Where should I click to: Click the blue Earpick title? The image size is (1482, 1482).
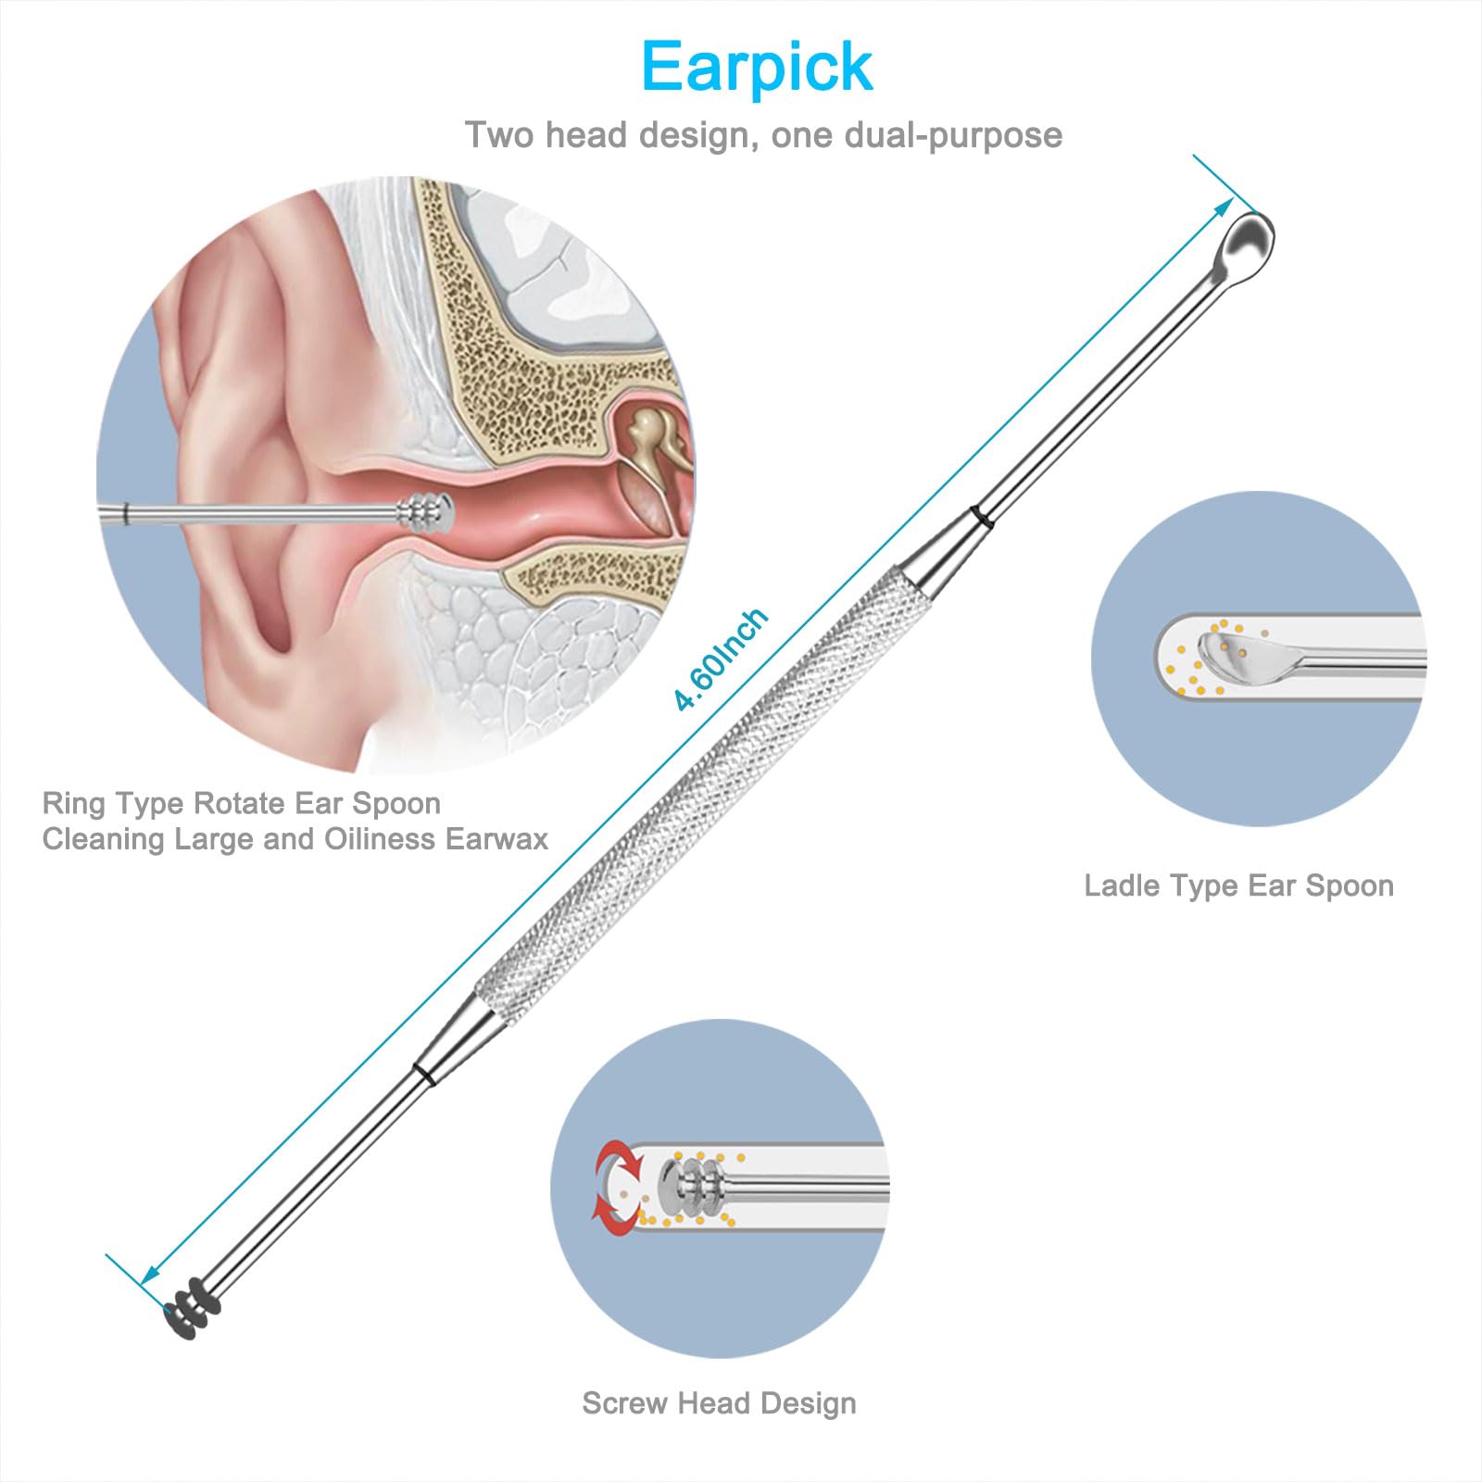[x=757, y=68]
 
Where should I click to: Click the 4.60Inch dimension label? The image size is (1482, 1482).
[x=721, y=659]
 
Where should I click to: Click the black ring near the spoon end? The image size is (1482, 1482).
[x=983, y=517]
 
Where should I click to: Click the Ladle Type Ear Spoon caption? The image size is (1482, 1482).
[x=1238, y=885]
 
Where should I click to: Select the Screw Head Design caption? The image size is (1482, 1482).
[x=719, y=1403]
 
